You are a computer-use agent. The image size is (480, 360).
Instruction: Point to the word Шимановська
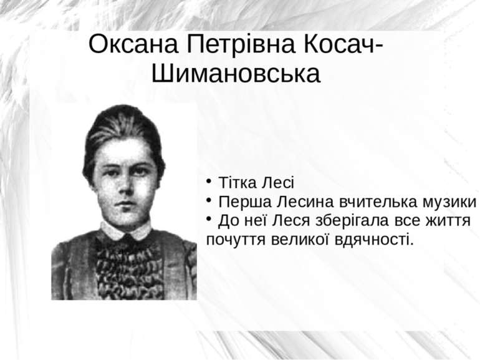point(236,74)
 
